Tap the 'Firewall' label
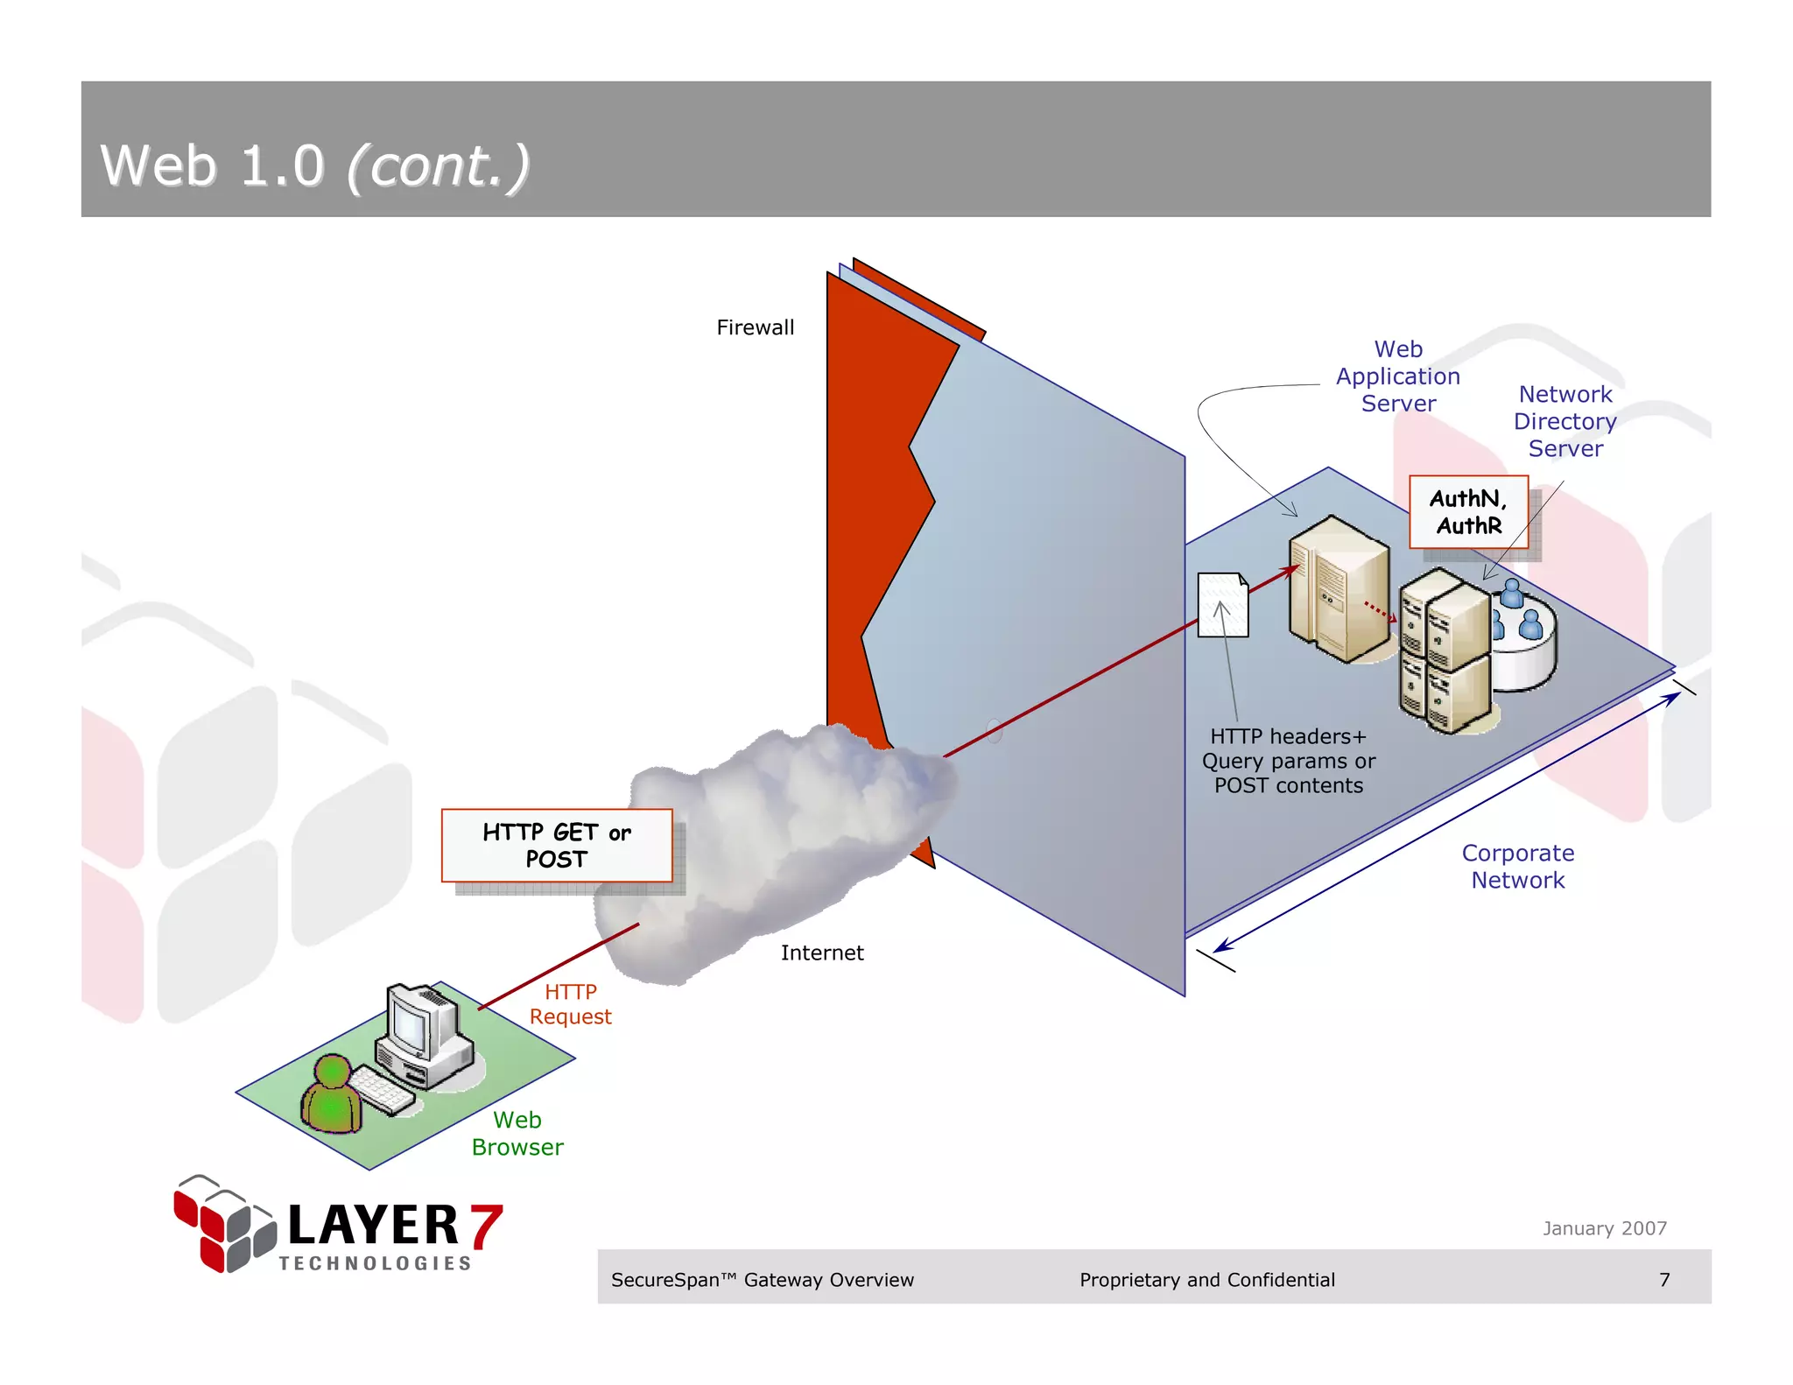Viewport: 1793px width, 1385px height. pos(755,327)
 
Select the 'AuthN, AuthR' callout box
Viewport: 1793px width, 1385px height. pos(1468,512)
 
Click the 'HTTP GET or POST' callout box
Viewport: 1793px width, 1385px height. pos(557,845)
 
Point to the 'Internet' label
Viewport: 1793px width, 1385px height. pos(821,953)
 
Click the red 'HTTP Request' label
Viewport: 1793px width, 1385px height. pos(570,1004)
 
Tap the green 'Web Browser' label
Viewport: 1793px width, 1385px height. pos(517,1133)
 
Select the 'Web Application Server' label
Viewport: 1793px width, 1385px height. pos(1397,376)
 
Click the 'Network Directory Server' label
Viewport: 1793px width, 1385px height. pos(1564,421)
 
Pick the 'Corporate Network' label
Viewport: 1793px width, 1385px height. pos(1517,866)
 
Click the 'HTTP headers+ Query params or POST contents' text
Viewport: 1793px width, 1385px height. pos(1288,761)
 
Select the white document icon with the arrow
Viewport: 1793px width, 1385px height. pos(1222,605)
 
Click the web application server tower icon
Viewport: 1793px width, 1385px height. pos(1338,588)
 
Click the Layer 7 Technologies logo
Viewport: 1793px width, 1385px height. pos(338,1226)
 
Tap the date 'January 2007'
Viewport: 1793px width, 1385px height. pos(1604,1228)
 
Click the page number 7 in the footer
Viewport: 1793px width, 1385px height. pos(1664,1279)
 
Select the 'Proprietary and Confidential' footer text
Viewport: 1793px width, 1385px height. pos(1206,1279)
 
